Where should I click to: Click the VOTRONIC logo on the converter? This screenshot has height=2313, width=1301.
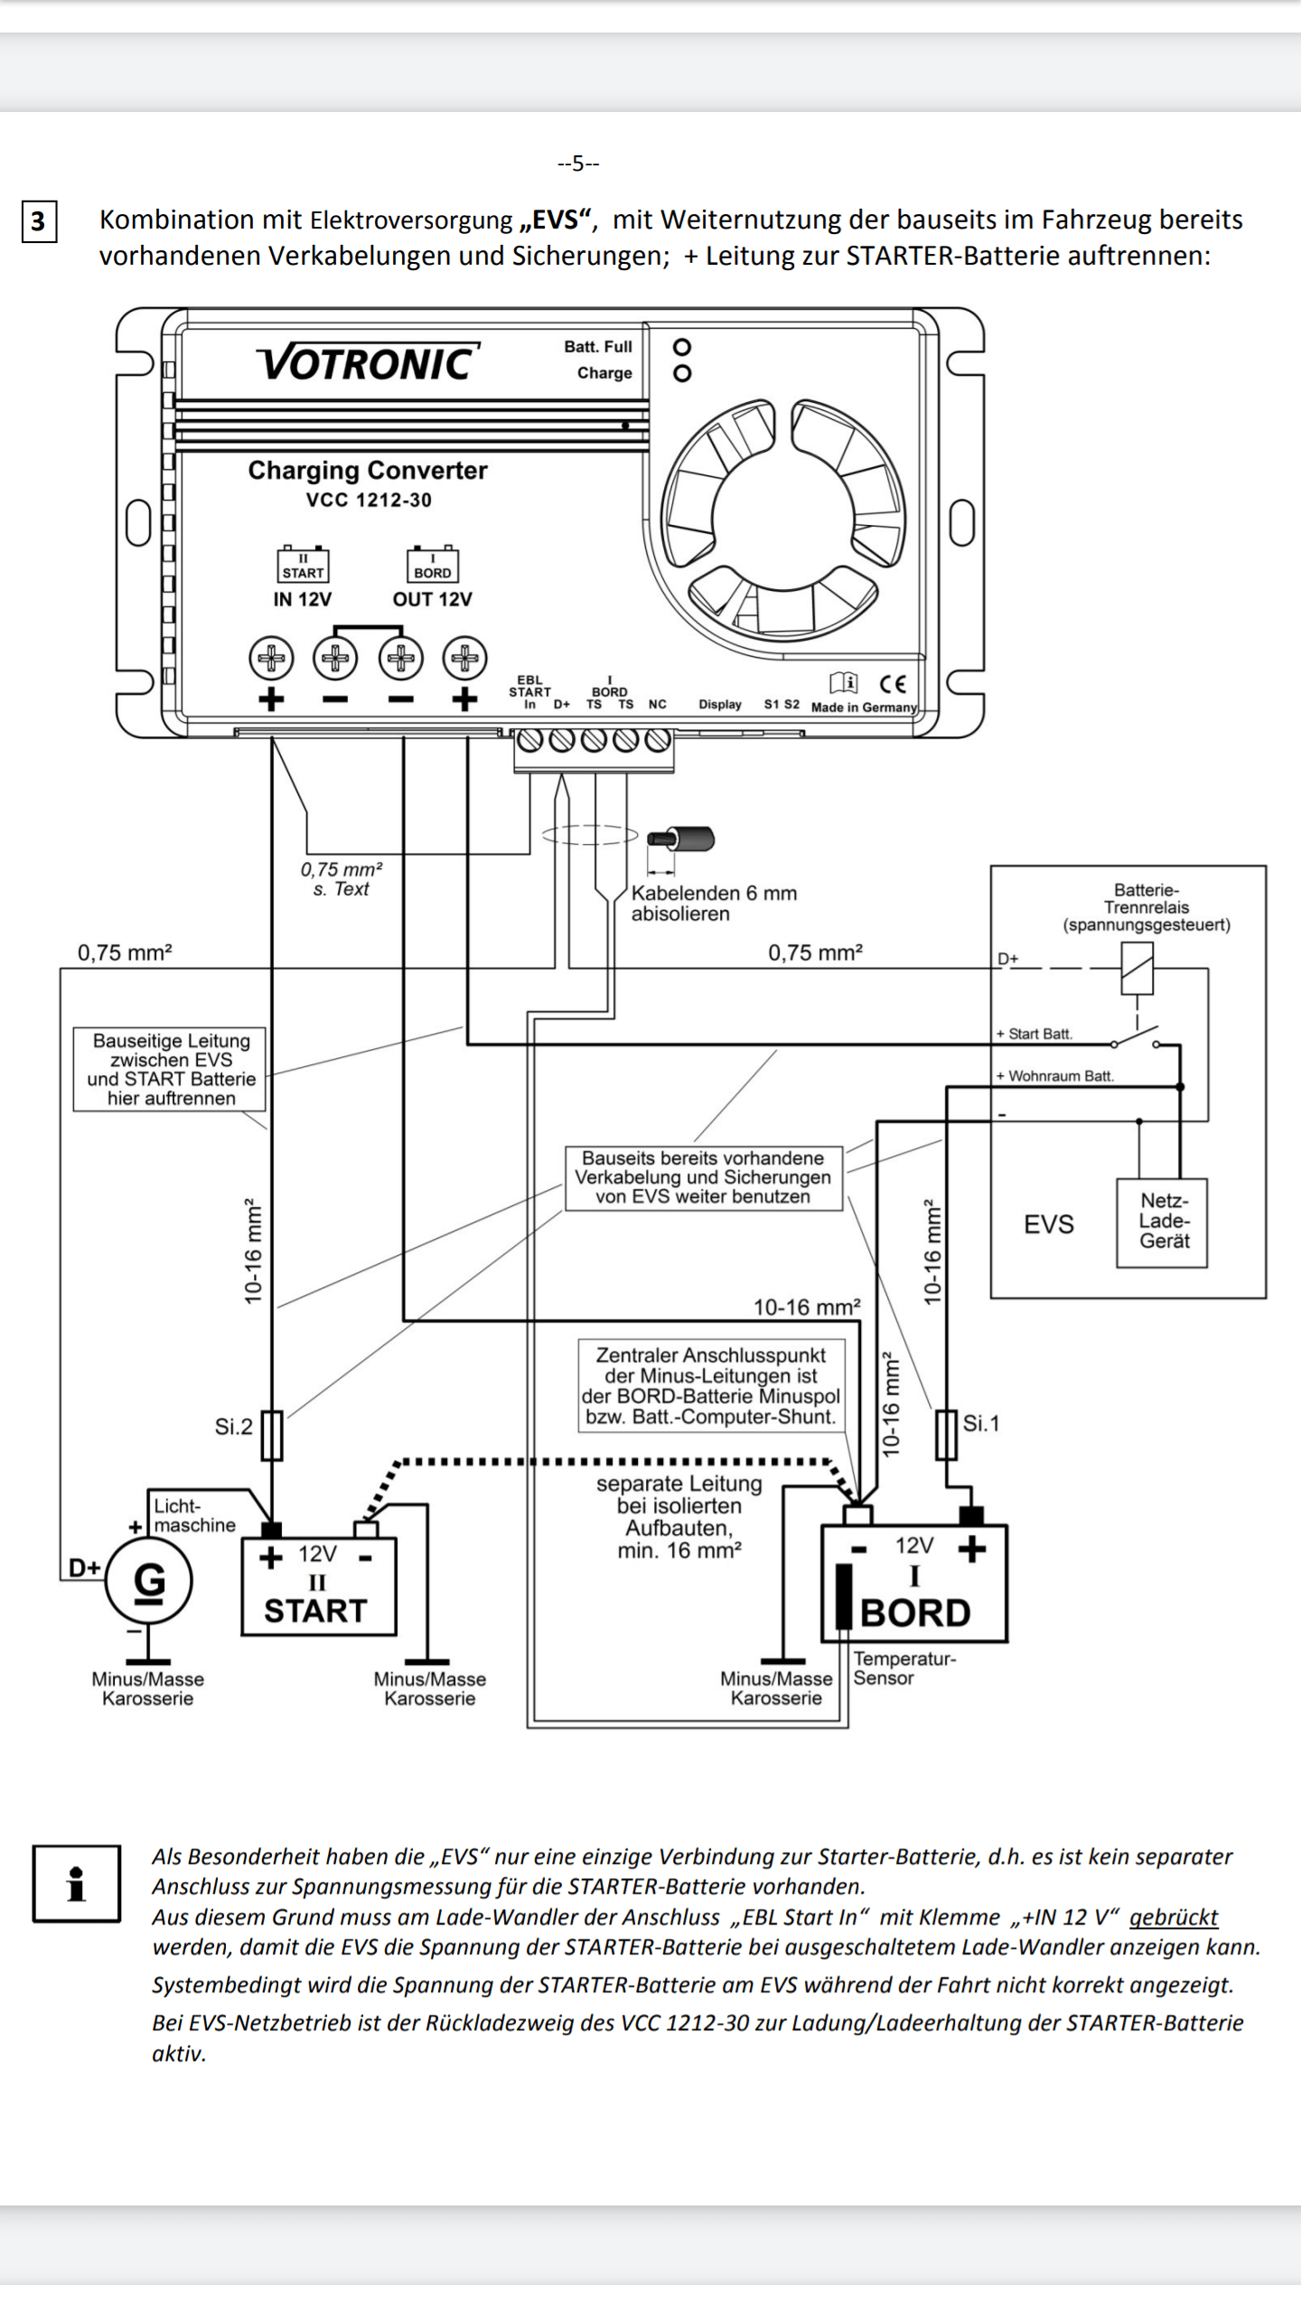(368, 362)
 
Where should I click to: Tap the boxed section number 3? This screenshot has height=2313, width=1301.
(39, 221)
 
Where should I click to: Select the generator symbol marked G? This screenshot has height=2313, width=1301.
(149, 1580)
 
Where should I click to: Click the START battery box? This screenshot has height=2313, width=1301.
(319, 1587)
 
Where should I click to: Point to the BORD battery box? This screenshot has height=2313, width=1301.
(914, 1583)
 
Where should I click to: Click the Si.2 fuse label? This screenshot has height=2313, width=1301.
(233, 1427)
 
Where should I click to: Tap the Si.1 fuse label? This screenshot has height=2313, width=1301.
(981, 1423)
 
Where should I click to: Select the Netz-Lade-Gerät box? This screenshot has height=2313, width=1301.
(1163, 1222)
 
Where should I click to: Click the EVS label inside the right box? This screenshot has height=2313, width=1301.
(1049, 1224)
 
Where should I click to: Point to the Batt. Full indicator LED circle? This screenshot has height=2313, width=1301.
(683, 347)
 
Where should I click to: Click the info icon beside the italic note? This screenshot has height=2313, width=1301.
(77, 1884)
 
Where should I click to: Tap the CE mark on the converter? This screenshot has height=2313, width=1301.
(893, 683)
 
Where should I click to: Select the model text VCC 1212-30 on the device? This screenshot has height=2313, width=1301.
(369, 500)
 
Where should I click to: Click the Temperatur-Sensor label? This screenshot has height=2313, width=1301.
(904, 1668)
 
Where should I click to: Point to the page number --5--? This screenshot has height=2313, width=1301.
(578, 164)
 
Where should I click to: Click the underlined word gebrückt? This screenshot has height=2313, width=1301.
(1174, 1916)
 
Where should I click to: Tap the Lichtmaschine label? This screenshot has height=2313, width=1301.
(194, 1515)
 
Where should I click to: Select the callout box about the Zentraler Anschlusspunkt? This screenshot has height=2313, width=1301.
(711, 1385)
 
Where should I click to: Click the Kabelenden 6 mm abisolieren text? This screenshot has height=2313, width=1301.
(714, 904)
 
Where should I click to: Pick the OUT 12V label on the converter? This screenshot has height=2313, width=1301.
(432, 599)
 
